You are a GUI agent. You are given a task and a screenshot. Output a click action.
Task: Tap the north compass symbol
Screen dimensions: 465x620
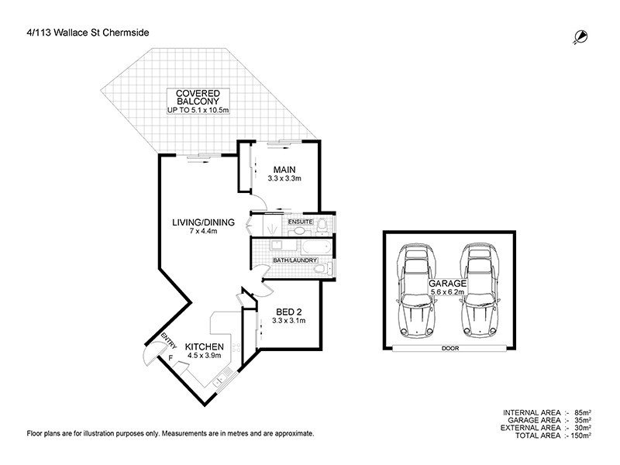point(578,36)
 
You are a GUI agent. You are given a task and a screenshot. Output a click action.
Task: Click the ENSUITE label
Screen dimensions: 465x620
point(300,223)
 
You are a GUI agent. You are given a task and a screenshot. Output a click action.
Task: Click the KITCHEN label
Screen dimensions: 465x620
point(205,346)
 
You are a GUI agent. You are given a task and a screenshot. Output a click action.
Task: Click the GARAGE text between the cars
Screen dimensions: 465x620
point(448,284)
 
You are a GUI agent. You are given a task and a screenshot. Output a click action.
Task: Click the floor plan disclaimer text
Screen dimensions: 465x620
point(170,434)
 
